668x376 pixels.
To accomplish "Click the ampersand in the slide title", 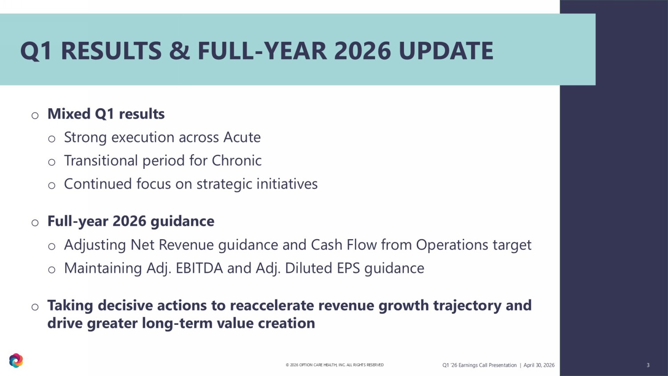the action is pyautogui.click(x=179, y=51).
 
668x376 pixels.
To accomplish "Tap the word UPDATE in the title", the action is pyautogui.click(x=446, y=51).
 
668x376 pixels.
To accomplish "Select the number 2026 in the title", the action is pyautogui.click(x=363, y=51).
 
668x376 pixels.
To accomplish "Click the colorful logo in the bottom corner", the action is pyautogui.click(x=16, y=360).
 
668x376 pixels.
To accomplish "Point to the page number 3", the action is pyautogui.click(x=648, y=365).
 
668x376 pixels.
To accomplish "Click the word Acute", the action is pyautogui.click(x=242, y=137).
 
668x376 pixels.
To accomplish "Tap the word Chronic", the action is pyautogui.click(x=236, y=160).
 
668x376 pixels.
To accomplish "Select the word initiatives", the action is pyautogui.click(x=287, y=184).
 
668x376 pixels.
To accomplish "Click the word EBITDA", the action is pyautogui.click(x=199, y=268).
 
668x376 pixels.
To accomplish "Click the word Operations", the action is pyautogui.click(x=452, y=245).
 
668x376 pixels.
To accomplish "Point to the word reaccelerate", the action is pyautogui.click(x=272, y=305).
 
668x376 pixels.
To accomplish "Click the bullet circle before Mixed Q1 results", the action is pyautogui.click(x=35, y=115).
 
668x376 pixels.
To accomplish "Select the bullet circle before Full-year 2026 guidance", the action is pyautogui.click(x=35, y=223).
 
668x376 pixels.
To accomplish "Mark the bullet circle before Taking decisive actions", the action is pyautogui.click(x=35, y=307).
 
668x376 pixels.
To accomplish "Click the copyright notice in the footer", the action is pyautogui.click(x=334, y=365).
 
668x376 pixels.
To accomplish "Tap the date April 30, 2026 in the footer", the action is pyautogui.click(x=539, y=365).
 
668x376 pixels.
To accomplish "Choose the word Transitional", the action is pyautogui.click(x=101, y=160).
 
